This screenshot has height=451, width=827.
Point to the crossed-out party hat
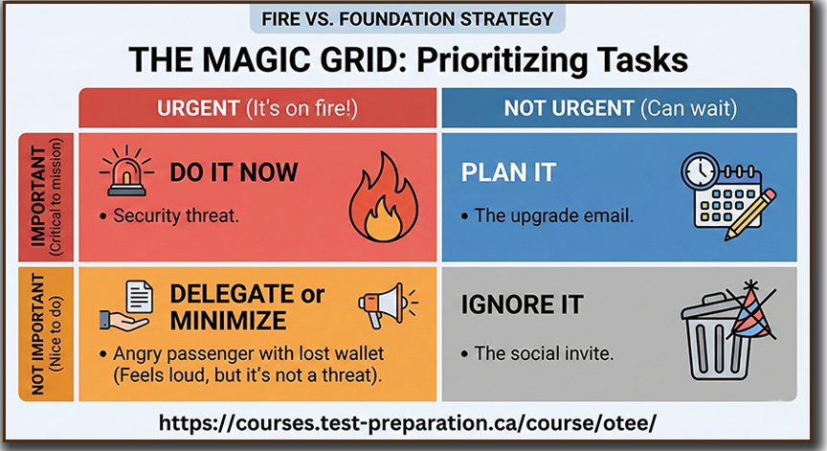(x=752, y=310)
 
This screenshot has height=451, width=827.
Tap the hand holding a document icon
(x=126, y=306)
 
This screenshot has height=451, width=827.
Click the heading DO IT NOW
(x=234, y=172)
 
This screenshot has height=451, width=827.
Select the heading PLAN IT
(x=508, y=172)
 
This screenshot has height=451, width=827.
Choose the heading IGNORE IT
(x=523, y=304)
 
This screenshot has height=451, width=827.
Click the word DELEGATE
(x=232, y=294)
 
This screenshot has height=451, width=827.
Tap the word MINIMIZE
(x=228, y=321)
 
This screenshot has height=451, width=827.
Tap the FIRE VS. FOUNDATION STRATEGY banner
(x=407, y=19)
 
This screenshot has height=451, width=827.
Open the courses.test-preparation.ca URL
(x=408, y=422)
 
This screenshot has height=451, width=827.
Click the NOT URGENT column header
(x=619, y=108)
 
